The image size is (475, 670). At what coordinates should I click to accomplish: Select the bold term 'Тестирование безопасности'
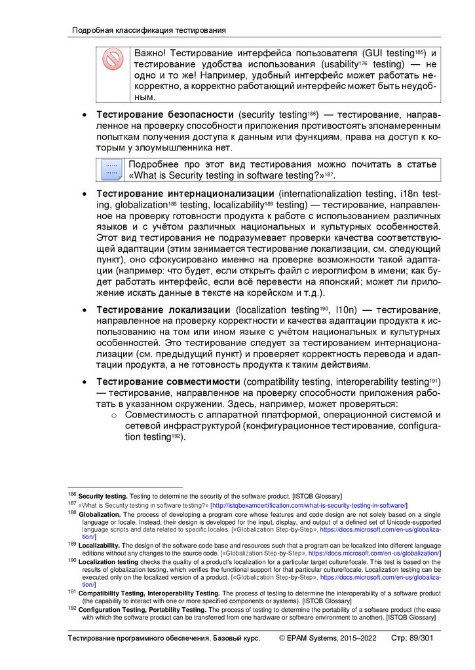tap(166, 115)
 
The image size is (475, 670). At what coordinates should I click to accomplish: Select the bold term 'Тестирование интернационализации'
tap(185, 194)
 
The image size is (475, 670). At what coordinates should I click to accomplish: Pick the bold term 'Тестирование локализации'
tap(163, 309)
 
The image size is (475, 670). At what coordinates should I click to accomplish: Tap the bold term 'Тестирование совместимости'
tap(168, 381)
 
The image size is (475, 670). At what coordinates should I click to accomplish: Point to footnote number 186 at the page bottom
tap(72, 495)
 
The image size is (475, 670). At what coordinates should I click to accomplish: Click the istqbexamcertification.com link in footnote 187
tap(309, 505)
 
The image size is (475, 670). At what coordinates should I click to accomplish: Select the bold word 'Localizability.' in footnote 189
tap(100, 544)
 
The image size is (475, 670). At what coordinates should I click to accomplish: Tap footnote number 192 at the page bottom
tap(72, 608)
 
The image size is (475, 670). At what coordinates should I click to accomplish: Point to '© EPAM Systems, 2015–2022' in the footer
tap(328, 638)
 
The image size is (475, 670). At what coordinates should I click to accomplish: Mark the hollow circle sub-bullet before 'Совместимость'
tap(113, 415)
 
